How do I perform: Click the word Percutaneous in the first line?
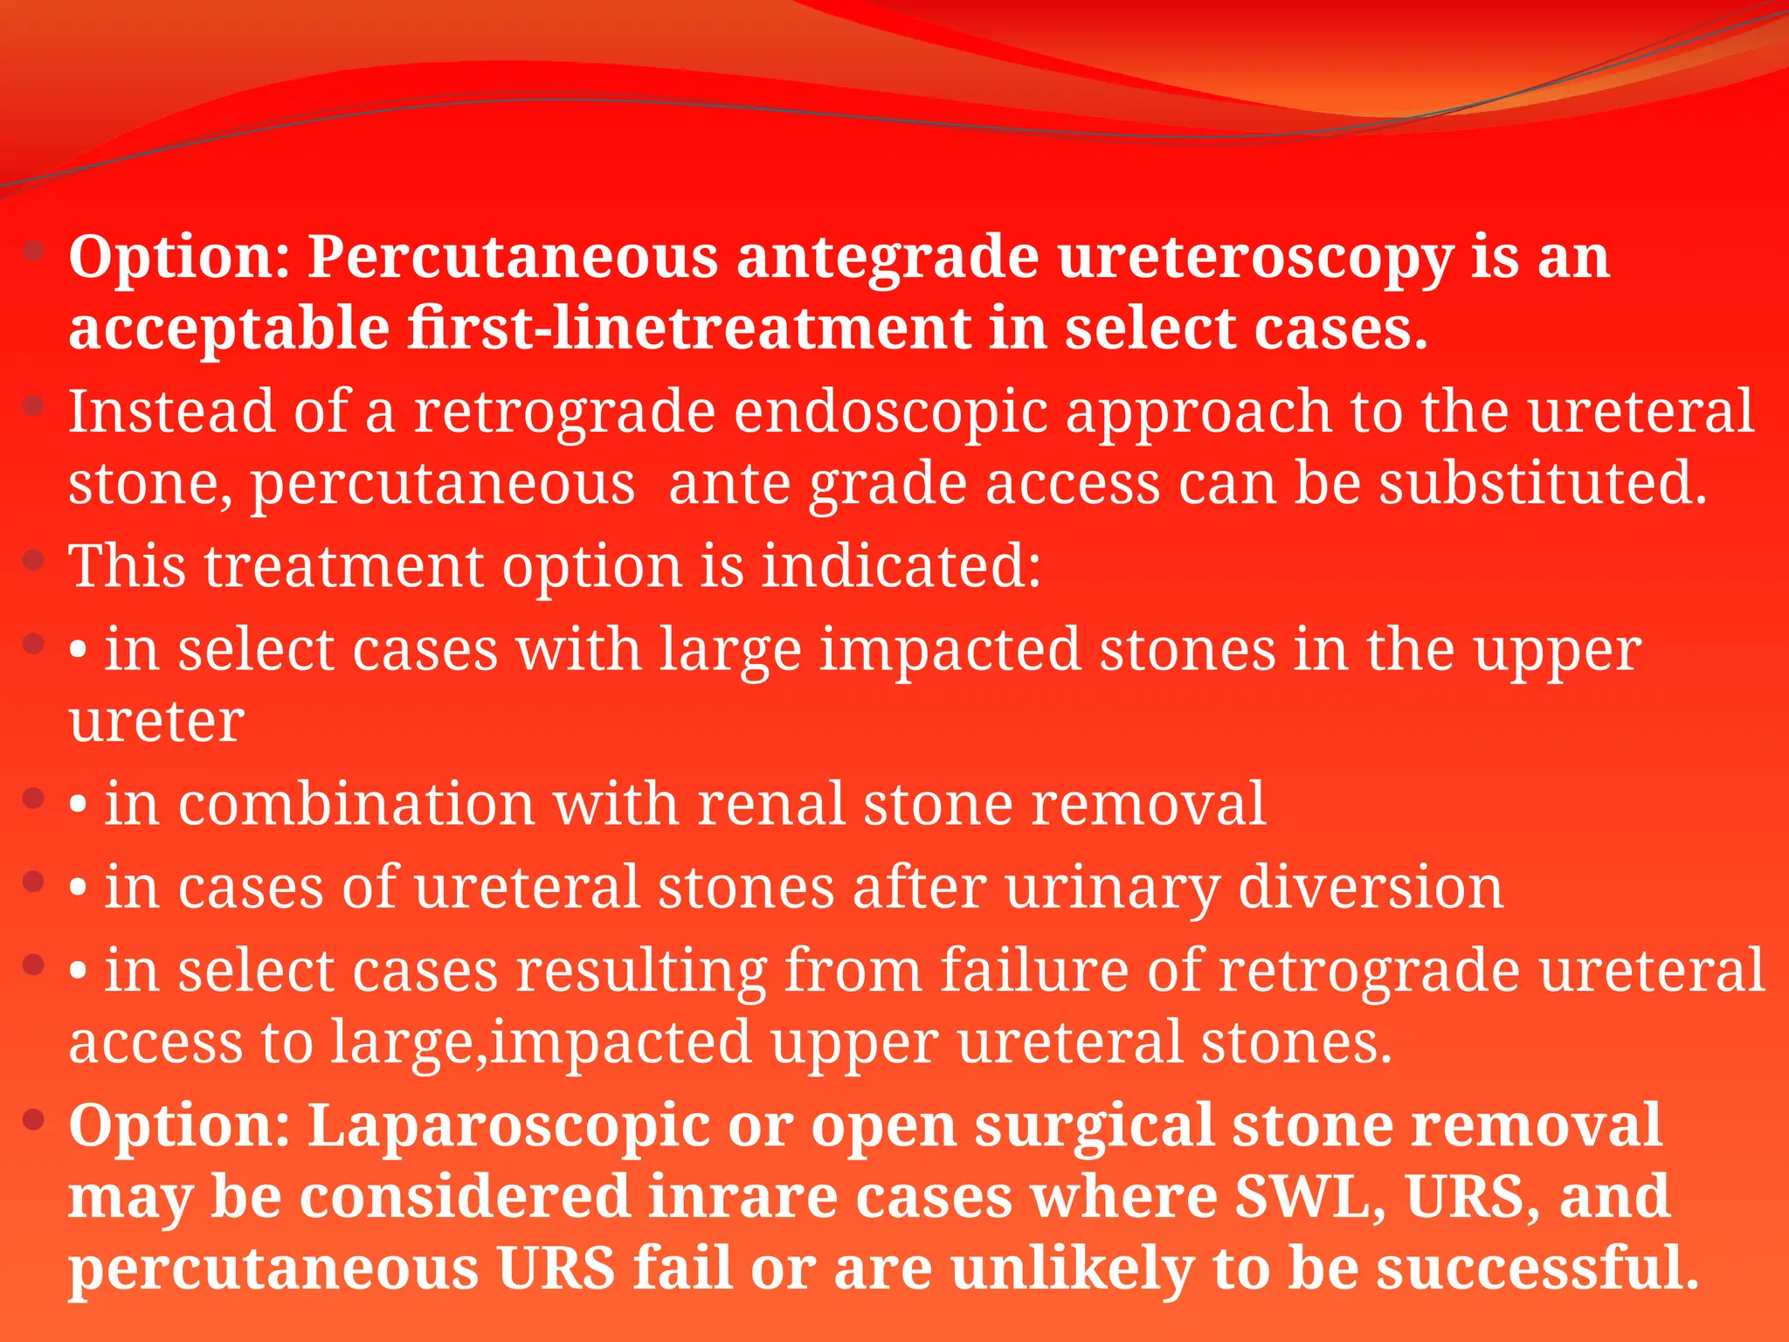pos(513,259)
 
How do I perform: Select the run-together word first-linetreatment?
pos(688,329)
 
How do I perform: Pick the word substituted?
pos(1543,484)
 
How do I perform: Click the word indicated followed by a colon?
pos(901,566)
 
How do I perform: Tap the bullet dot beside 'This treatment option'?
pos(34,560)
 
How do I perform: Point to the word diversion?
pos(1371,888)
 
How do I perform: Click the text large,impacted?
pos(541,1043)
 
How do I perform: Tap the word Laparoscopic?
pos(508,1126)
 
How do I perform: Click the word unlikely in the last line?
pos(1072,1269)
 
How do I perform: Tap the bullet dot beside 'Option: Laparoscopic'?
pos(34,1119)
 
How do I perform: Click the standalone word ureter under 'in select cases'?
pos(156,723)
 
